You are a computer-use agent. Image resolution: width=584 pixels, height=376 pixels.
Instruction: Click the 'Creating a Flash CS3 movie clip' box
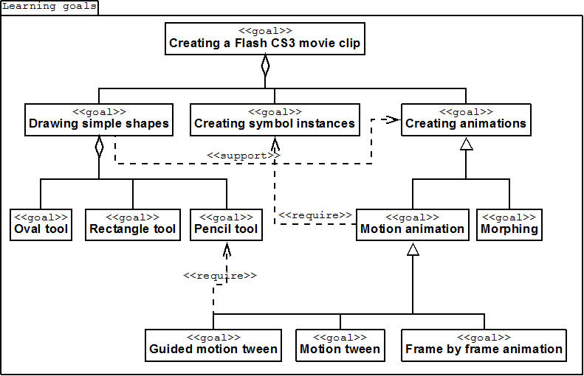[x=265, y=38]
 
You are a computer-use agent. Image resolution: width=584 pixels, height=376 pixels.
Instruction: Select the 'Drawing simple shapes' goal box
[x=99, y=119]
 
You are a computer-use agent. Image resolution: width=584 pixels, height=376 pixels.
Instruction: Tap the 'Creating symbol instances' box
[x=275, y=119]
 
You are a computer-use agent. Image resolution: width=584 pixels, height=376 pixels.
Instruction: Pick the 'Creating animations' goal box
[x=466, y=119]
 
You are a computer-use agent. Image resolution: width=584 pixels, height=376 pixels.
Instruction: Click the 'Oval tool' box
[x=41, y=225]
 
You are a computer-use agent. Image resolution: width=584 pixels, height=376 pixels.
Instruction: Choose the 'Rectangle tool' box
[x=133, y=225]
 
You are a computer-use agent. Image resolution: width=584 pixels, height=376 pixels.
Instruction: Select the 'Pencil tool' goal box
[x=226, y=225]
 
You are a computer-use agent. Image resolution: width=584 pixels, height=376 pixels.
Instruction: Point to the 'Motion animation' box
[x=412, y=225]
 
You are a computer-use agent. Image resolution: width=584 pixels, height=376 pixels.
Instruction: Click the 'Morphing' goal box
[x=509, y=225]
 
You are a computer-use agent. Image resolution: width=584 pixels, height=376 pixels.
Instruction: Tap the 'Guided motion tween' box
[x=213, y=345]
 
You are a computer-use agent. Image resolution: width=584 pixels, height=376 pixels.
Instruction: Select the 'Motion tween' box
[x=340, y=345]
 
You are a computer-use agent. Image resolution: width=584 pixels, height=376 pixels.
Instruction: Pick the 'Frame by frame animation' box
[x=484, y=345]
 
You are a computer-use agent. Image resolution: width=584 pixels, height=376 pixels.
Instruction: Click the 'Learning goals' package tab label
[x=49, y=7]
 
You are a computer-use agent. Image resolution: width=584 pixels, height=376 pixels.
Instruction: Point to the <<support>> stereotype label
[x=243, y=156]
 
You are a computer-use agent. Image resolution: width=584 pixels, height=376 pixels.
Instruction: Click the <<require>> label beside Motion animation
[x=315, y=215]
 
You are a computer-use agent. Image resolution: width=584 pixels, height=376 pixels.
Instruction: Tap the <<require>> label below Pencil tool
[x=220, y=276]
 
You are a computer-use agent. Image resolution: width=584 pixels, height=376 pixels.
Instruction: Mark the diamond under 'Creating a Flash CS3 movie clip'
[x=265, y=66]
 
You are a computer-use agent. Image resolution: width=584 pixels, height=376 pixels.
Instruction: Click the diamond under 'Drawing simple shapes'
[x=99, y=147]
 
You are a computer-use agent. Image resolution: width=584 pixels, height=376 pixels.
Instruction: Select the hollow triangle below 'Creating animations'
[x=467, y=144]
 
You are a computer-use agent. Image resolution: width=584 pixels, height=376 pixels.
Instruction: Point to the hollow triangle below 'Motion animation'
[x=413, y=249]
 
